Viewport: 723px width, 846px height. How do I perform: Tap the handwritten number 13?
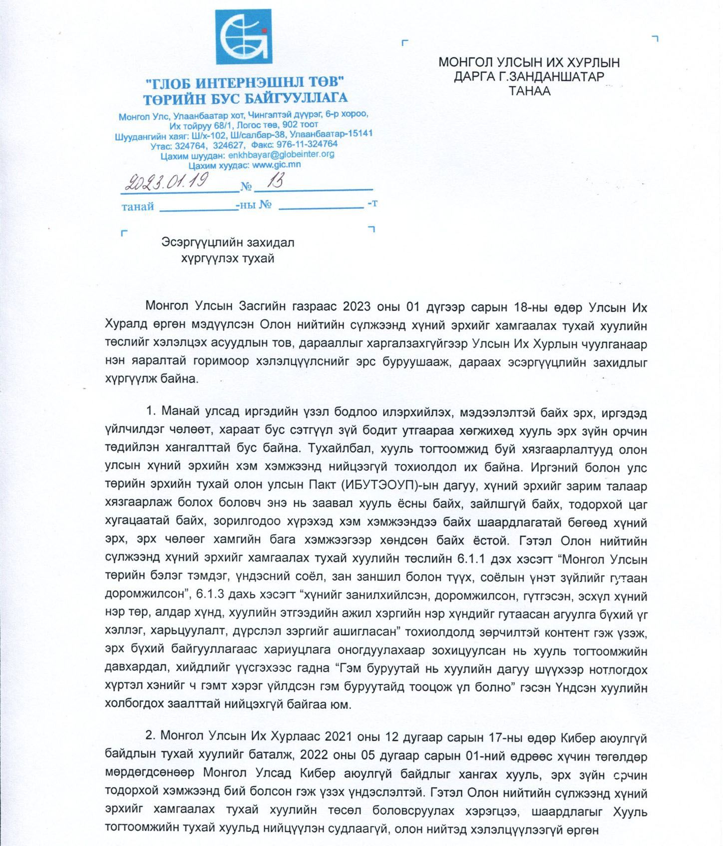tap(274, 181)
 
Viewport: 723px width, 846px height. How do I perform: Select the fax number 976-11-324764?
tap(307, 144)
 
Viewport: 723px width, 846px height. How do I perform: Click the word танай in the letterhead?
tap(137, 206)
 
